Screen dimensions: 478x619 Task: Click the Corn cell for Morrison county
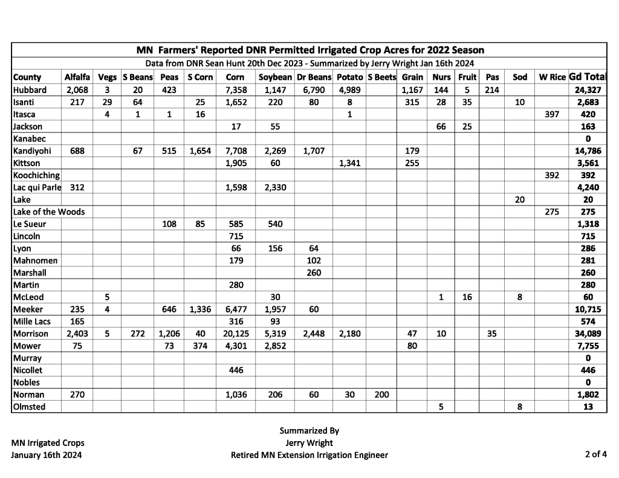(235, 334)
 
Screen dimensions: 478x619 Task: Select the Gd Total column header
(588, 77)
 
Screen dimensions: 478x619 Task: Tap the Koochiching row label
(36, 175)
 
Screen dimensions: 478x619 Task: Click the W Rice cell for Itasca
(552, 114)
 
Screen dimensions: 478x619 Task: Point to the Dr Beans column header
(314, 77)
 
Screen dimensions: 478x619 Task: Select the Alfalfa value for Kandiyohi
(77, 151)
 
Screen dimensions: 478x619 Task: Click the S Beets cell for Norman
(381, 395)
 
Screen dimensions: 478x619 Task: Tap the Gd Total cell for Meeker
(588, 309)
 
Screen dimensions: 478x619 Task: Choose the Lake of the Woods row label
(49, 212)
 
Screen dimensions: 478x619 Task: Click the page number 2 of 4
(595, 454)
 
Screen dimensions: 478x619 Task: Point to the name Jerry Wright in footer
(309, 443)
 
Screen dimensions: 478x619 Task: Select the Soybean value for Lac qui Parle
(275, 187)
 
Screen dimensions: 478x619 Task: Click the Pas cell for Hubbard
(492, 90)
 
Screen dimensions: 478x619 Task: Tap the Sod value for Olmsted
(520, 407)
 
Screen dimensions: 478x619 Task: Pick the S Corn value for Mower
(200, 346)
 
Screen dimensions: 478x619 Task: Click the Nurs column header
(441, 77)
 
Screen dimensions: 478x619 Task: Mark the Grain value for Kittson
(412, 163)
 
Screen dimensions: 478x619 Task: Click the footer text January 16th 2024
(47, 455)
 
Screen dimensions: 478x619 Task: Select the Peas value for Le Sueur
(169, 224)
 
